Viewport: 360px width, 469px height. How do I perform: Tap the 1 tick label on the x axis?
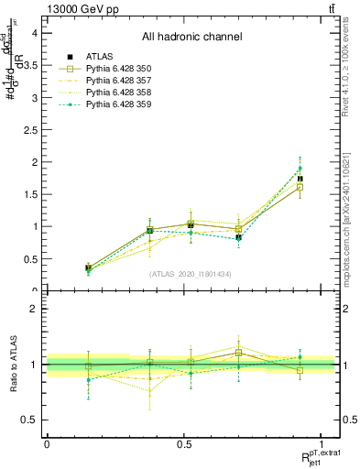[x=322, y=444]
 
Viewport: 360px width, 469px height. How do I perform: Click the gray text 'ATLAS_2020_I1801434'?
[x=191, y=274]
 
